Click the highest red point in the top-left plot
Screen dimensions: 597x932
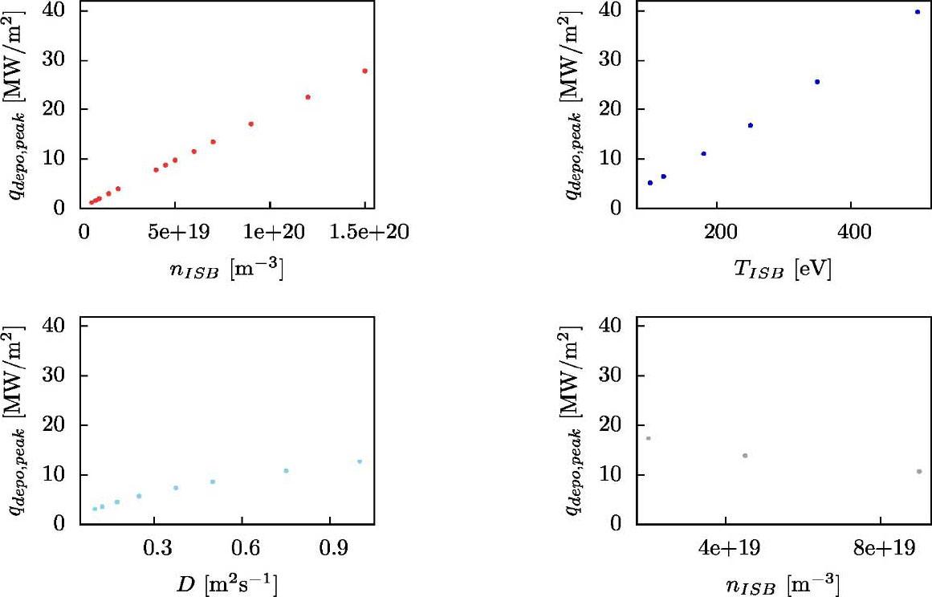pyautogui.click(x=364, y=71)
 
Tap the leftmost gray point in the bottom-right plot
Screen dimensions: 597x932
pyautogui.click(x=648, y=438)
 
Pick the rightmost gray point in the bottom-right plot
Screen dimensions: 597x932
pyautogui.click(x=919, y=471)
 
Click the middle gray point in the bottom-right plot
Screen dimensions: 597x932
pyautogui.click(x=745, y=456)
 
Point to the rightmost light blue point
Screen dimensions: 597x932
pyautogui.click(x=360, y=461)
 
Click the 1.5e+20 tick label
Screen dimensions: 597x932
pyautogui.click(x=365, y=231)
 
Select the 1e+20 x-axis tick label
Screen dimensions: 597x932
pyautogui.click(x=269, y=231)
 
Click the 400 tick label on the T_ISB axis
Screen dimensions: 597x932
pyautogui.click(x=853, y=231)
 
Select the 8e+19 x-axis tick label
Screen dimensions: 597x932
pyautogui.click(x=880, y=547)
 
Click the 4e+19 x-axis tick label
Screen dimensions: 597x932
pyautogui.click(x=725, y=547)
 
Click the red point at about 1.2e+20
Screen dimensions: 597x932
pyautogui.click(x=307, y=97)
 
